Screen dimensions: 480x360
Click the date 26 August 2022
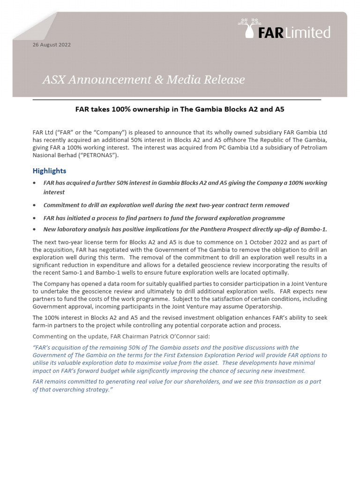pos(52,45)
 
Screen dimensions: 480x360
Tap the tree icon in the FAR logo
pos(248,26)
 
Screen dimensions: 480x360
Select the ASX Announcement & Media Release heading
pos(143,80)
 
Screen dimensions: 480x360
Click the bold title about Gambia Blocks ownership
pos(180,109)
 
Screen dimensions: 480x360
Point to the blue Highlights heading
pos(49,171)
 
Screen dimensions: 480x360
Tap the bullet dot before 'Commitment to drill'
pos(35,205)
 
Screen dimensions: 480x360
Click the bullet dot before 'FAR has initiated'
pos(35,218)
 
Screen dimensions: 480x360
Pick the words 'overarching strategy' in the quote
pos(75,390)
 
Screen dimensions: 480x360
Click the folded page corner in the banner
pos(35,26)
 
